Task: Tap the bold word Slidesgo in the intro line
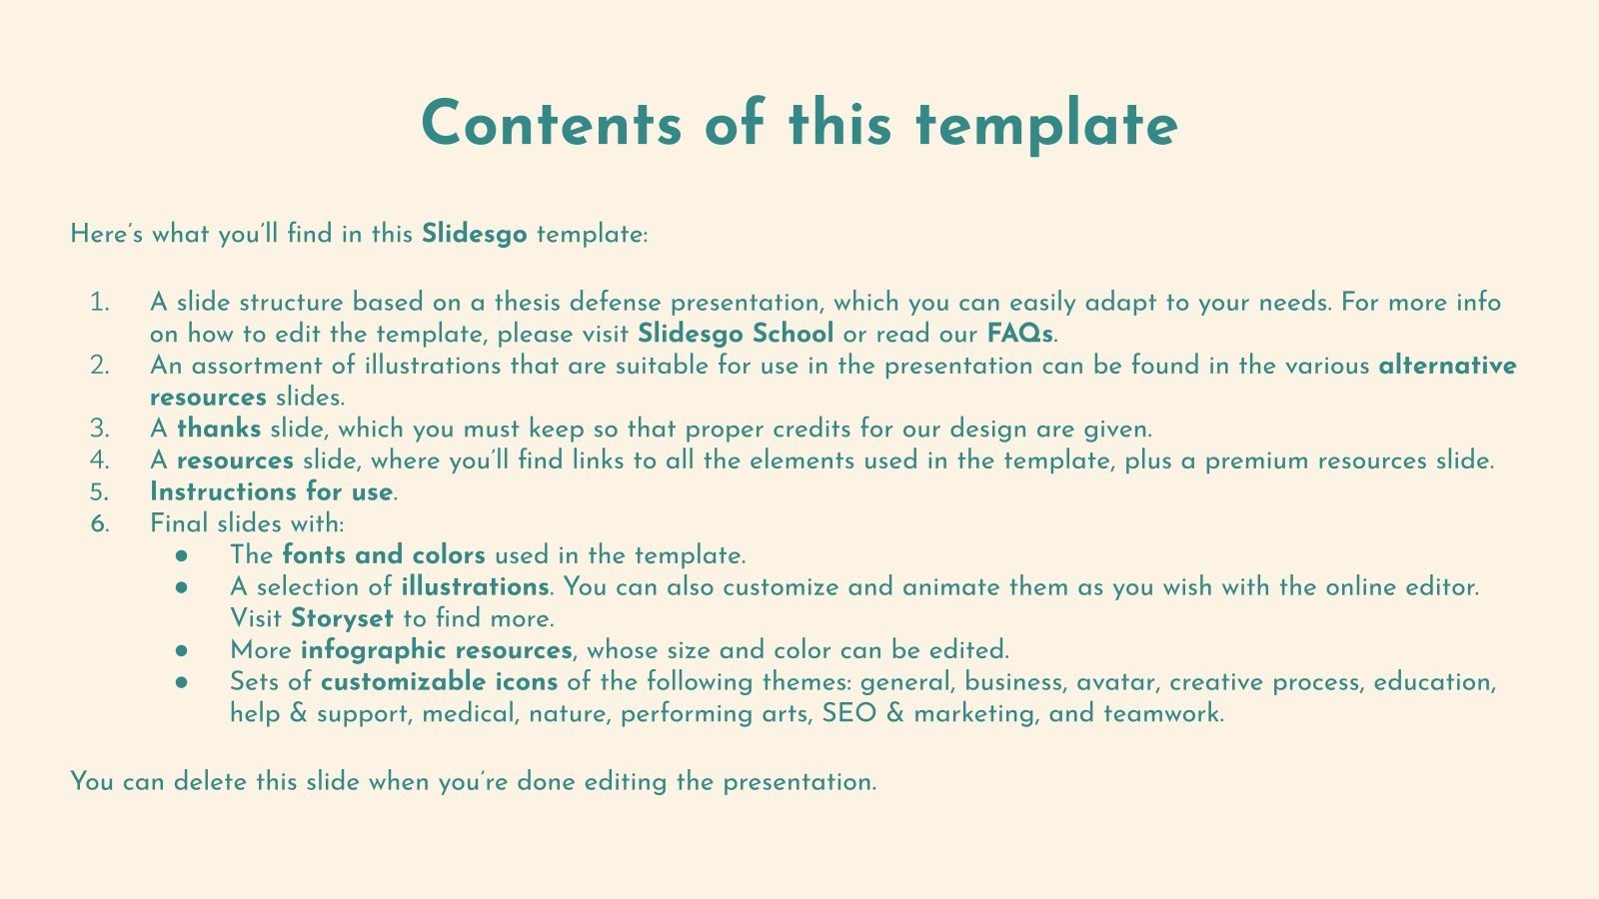pyautogui.click(x=474, y=234)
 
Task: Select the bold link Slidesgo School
pyautogui.click(x=735, y=333)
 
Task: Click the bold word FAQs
pyautogui.click(x=1019, y=333)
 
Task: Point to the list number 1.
pyautogui.click(x=99, y=302)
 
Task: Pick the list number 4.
pyautogui.click(x=99, y=460)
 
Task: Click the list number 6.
pyautogui.click(x=99, y=523)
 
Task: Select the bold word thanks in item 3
pyautogui.click(x=219, y=429)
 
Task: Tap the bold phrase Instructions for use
pyautogui.click(x=271, y=491)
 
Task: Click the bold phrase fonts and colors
pyautogui.click(x=384, y=555)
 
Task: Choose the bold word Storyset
pyautogui.click(x=342, y=618)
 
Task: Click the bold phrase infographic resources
pyautogui.click(x=436, y=650)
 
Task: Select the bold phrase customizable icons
pyautogui.click(x=439, y=682)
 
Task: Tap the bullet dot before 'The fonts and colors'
pyautogui.click(x=181, y=556)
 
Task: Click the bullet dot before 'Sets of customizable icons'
pyautogui.click(x=181, y=683)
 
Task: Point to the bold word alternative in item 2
pyautogui.click(x=1447, y=366)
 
